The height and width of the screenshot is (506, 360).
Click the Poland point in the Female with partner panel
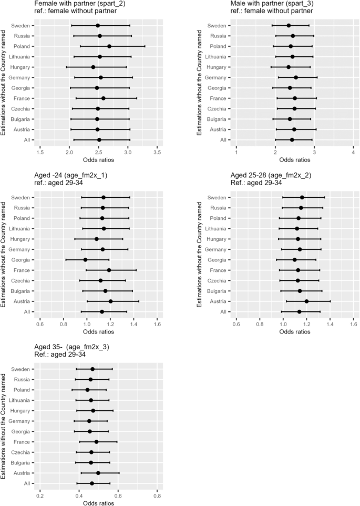[109, 46]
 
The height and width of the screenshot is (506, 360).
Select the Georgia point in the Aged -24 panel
[85, 260]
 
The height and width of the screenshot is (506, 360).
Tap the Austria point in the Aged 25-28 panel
[306, 301]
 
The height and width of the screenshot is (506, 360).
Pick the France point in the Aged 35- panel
[96, 442]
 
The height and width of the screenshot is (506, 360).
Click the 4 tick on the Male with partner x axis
[353, 153]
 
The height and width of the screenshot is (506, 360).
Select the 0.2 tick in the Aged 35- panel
[40, 496]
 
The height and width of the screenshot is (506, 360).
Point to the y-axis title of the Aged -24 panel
[4, 255]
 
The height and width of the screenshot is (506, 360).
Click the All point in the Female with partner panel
[99, 140]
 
